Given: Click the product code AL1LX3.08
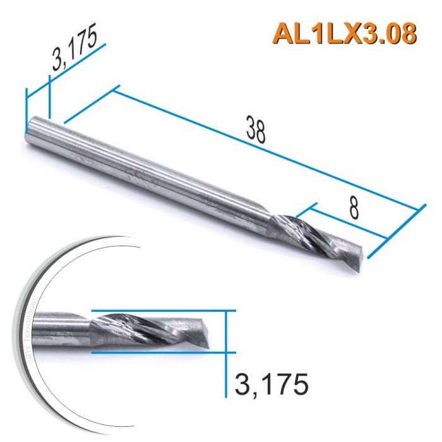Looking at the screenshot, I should (345, 34).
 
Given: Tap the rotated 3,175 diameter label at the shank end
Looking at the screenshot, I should (75, 49).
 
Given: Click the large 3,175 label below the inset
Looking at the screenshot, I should (271, 383).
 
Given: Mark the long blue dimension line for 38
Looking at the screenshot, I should (265, 149).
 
